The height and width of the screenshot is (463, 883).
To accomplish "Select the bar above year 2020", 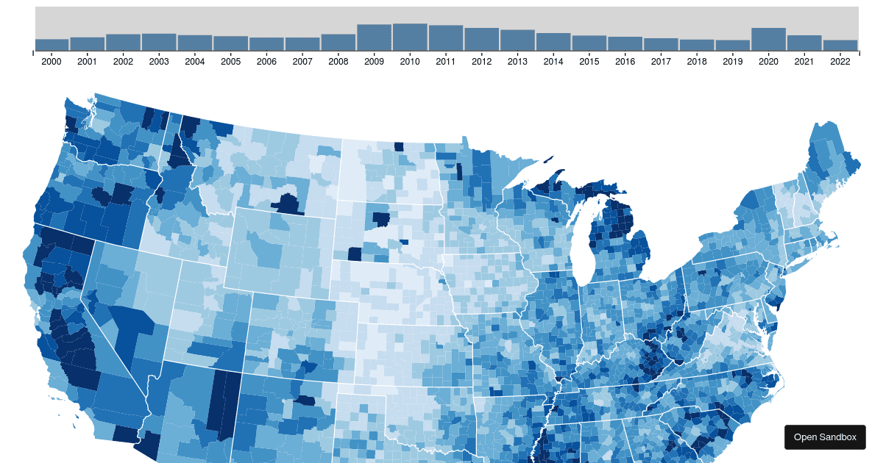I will click(x=768, y=40).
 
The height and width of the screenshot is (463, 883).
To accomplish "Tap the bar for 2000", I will click(x=52, y=45).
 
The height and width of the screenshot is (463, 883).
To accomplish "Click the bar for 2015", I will click(x=589, y=43).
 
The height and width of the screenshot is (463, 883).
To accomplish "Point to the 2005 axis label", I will click(x=230, y=62).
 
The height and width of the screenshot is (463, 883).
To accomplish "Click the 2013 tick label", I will click(x=517, y=62).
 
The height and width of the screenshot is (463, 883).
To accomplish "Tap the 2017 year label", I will click(x=661, y=62).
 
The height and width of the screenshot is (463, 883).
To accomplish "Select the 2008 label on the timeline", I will click(x=338, y=62).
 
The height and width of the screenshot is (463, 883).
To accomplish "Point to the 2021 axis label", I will click(x=804, y=62).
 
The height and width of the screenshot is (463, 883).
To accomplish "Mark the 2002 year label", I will click(x=123, y=62).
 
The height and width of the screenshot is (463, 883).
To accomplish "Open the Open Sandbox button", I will click(x=825, y=437).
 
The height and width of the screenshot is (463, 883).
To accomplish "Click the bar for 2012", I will click(x=482, y=40).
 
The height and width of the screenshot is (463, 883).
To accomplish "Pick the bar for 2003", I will click(x=159, y=43).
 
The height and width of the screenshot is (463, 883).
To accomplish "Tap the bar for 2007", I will click(x=302, y=44).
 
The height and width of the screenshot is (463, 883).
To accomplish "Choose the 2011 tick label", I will click(x=445, y=62).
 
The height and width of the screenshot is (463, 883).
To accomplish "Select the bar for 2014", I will click(x=553, y=42).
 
